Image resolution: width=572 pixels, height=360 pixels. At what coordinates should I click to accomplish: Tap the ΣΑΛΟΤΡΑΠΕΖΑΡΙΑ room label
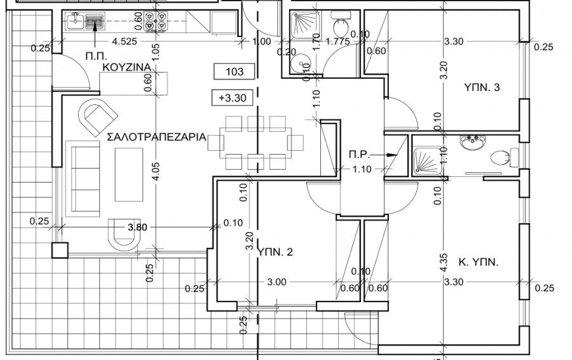[x=156, y=135]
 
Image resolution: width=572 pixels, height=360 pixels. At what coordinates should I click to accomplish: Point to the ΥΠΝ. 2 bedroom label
[x=275, y=253]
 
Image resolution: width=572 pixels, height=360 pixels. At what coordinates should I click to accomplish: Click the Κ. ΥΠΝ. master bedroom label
[x=477, y=261]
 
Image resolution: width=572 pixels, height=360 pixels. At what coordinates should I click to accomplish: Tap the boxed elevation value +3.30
[x=235, y=98]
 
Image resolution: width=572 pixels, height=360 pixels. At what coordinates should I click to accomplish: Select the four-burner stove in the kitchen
[x=156, y=22]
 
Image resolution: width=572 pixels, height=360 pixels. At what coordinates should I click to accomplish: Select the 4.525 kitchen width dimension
[x=125, y=43]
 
